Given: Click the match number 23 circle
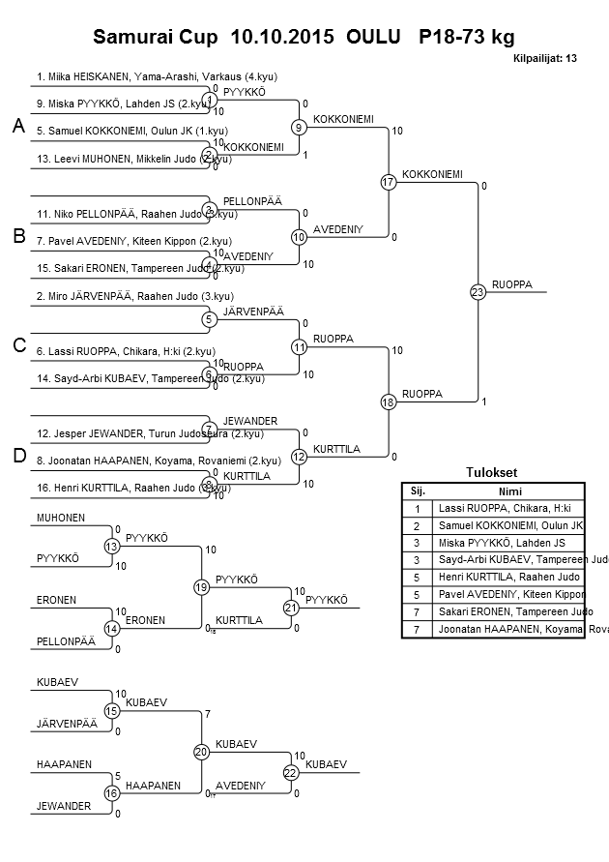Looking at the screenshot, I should [x=477, y=292].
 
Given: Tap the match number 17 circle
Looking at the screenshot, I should [x=389, y=182].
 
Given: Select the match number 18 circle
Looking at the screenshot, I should [x=389, y=401].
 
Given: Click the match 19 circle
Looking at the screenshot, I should [x=201, y=587].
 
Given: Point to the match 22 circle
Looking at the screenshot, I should [x=291, y=772].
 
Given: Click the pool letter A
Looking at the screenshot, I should [x=16, y=127].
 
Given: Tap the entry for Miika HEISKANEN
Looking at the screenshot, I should [x=145, y=75].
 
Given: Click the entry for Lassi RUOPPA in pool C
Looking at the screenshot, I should [x=126, y=351].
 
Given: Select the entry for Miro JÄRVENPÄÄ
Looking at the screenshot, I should [x=134, y=297].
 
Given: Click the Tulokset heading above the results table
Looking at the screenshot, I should [x=492, y=472].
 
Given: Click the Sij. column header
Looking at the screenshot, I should [x=417, y=490].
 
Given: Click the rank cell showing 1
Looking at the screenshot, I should [x=417, y=508].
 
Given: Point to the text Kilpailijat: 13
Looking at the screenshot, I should [x=545, y=58].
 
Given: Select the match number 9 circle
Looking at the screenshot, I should [x=300, y=127].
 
